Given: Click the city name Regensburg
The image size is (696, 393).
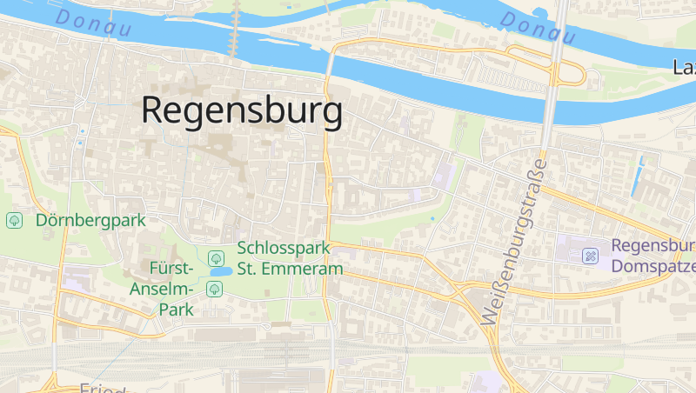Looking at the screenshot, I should [x=241, y=111].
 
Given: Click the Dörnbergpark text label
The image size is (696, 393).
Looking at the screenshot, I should [x=90, y=221].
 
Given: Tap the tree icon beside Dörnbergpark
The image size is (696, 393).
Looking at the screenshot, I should [x=15, y=221].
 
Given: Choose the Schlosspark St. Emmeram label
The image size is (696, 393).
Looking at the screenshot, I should [x=290, y=259].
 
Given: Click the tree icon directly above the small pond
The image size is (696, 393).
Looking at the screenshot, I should [x=214, y=256].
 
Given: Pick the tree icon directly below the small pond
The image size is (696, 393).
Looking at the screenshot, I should [x=214, y=289].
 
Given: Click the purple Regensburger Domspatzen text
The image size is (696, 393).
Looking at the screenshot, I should [x=652, y=256].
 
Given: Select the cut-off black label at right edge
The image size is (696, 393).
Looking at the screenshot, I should [x=685, y=66].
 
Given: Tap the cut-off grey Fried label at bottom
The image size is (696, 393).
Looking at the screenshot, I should [x=104, y=389].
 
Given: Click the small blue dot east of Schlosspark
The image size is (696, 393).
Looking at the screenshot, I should [x=432, y=217].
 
